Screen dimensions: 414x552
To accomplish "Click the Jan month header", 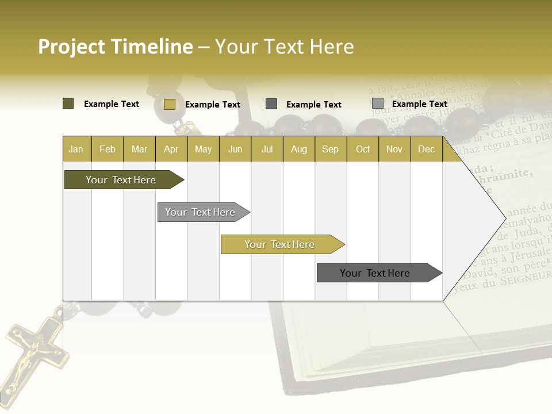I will (76, 149).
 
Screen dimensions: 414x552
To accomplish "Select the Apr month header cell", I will (171, 149).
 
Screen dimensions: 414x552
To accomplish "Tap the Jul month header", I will (267, 149).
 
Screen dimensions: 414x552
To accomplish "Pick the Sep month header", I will (330, 149).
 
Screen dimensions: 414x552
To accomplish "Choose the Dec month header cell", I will (426, 149).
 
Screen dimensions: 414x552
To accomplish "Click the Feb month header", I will (108, 149).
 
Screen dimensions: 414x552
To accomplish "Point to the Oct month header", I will (363, 149).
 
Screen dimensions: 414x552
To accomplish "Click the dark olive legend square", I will (68, 103).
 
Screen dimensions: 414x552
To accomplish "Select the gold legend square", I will (169, 104).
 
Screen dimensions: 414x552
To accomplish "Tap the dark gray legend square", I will (271, 104).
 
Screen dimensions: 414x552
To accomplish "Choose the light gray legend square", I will (377, 103).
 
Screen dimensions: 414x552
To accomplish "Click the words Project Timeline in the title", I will (115, 47).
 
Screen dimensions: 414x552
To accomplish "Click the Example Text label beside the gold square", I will (213, 105).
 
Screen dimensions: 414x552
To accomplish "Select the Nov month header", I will (394, 149).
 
